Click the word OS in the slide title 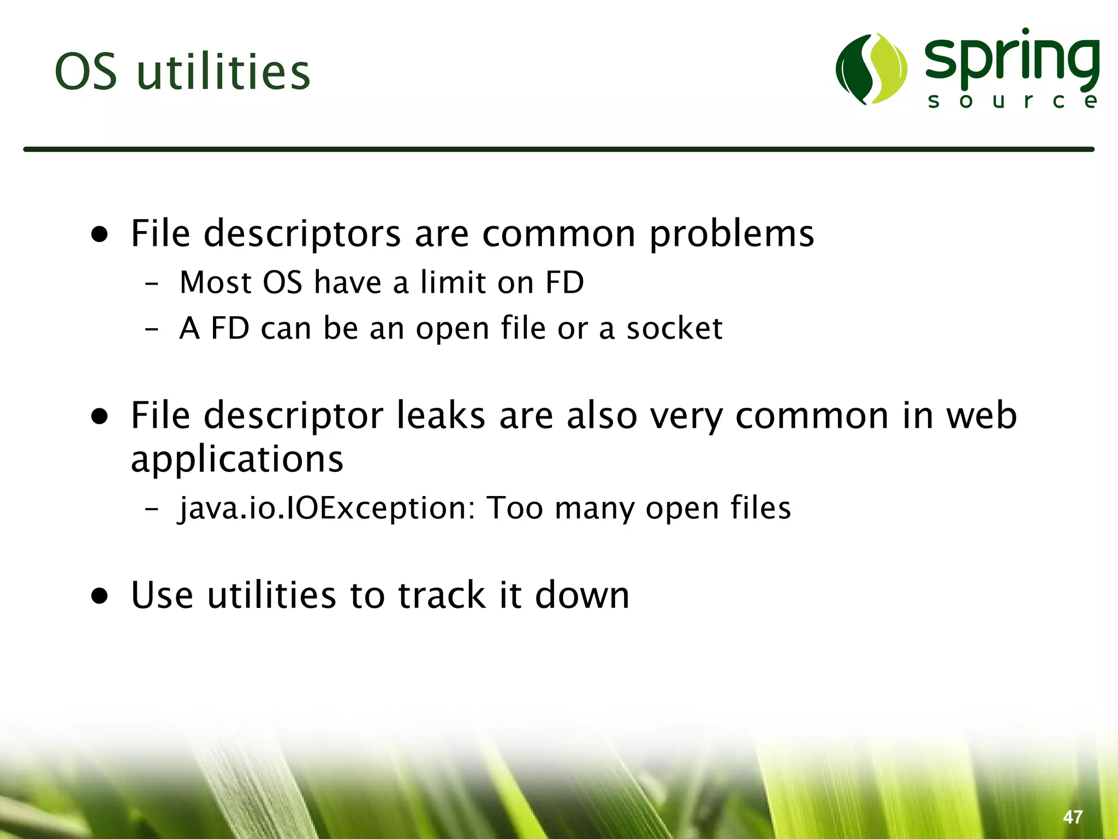pyautogui.click(x=86, y=72)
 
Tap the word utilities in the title pyautogui.click(x=223, y=72)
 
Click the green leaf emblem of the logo pyautogui.click(x=871, y=69)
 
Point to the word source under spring pyautogui.click(x=1013, y=101)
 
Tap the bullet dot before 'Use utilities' pyautogui.click(x=100, y=596)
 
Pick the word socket pyautogui.click(x=674, y=329)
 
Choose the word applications pyautogui.click(x=237, y=460)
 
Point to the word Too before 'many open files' pyautogui.click(x=515, y=508)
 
